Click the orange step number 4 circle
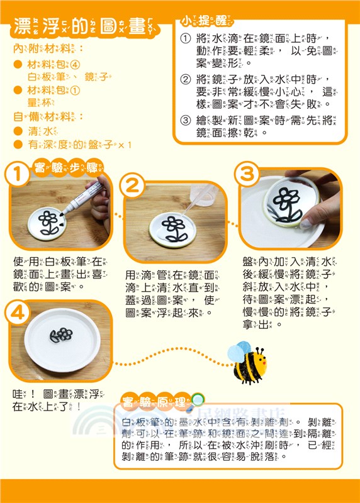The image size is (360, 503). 20,312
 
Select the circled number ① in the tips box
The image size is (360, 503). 185,39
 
